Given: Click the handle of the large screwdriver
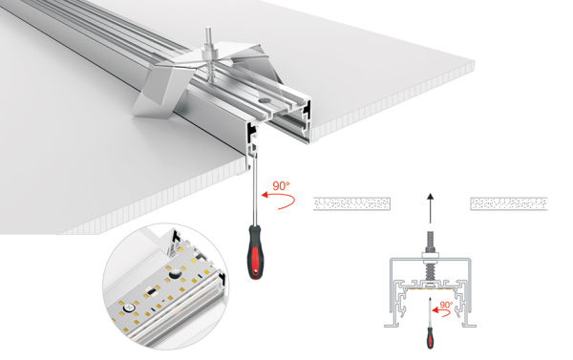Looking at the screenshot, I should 256,251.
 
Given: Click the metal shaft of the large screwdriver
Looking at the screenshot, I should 254,196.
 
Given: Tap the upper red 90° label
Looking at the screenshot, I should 282,186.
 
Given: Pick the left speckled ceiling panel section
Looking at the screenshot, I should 352,203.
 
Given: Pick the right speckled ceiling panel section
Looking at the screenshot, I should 508,203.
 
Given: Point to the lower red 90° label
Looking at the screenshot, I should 447,305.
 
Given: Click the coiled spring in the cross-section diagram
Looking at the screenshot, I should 430,270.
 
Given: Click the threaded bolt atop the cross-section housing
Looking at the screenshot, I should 430,243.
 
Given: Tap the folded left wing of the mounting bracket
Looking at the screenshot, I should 158,95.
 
